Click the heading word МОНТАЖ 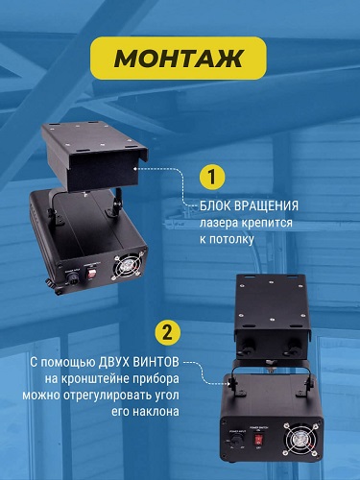179,58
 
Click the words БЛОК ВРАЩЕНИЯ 249,205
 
